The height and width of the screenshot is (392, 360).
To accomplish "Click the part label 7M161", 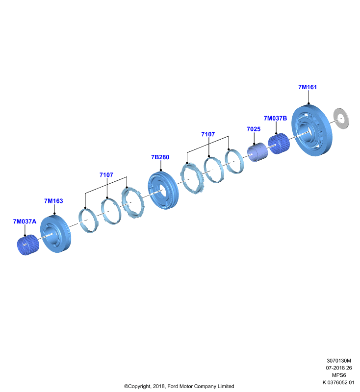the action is (308, 87).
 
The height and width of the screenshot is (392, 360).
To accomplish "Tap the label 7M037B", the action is (275, 118).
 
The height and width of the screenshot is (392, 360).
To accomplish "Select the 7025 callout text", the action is (254, 129).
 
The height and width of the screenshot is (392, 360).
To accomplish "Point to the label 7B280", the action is (160, 157).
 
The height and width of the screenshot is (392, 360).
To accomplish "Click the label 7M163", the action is (53, 201).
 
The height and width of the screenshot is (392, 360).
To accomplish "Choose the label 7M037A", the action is (25, 221).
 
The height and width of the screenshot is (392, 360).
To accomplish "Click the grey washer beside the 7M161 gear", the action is (341, 119).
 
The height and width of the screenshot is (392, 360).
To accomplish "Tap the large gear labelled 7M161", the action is (312, 130).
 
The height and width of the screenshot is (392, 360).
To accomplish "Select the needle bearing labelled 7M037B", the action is (279, 144).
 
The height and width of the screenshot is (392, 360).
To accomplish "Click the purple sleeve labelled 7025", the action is (257, 152).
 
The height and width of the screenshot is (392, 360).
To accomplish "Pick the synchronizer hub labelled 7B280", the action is (163, 191).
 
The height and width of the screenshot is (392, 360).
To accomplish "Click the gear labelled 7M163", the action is (55, 234).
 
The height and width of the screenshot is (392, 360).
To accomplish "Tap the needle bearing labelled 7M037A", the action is (28, 245).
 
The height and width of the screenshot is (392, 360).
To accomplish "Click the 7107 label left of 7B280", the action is (106, 175).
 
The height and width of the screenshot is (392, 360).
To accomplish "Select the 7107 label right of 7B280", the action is (208, 134).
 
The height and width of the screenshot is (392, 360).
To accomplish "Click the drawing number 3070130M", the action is (339, 361).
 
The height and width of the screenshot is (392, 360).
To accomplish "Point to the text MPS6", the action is (339, 375).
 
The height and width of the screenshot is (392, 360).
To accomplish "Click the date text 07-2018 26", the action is (339, 368).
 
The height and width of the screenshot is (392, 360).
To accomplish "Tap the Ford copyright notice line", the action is (179, 386).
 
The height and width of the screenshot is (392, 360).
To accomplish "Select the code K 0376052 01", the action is (338, 382).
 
